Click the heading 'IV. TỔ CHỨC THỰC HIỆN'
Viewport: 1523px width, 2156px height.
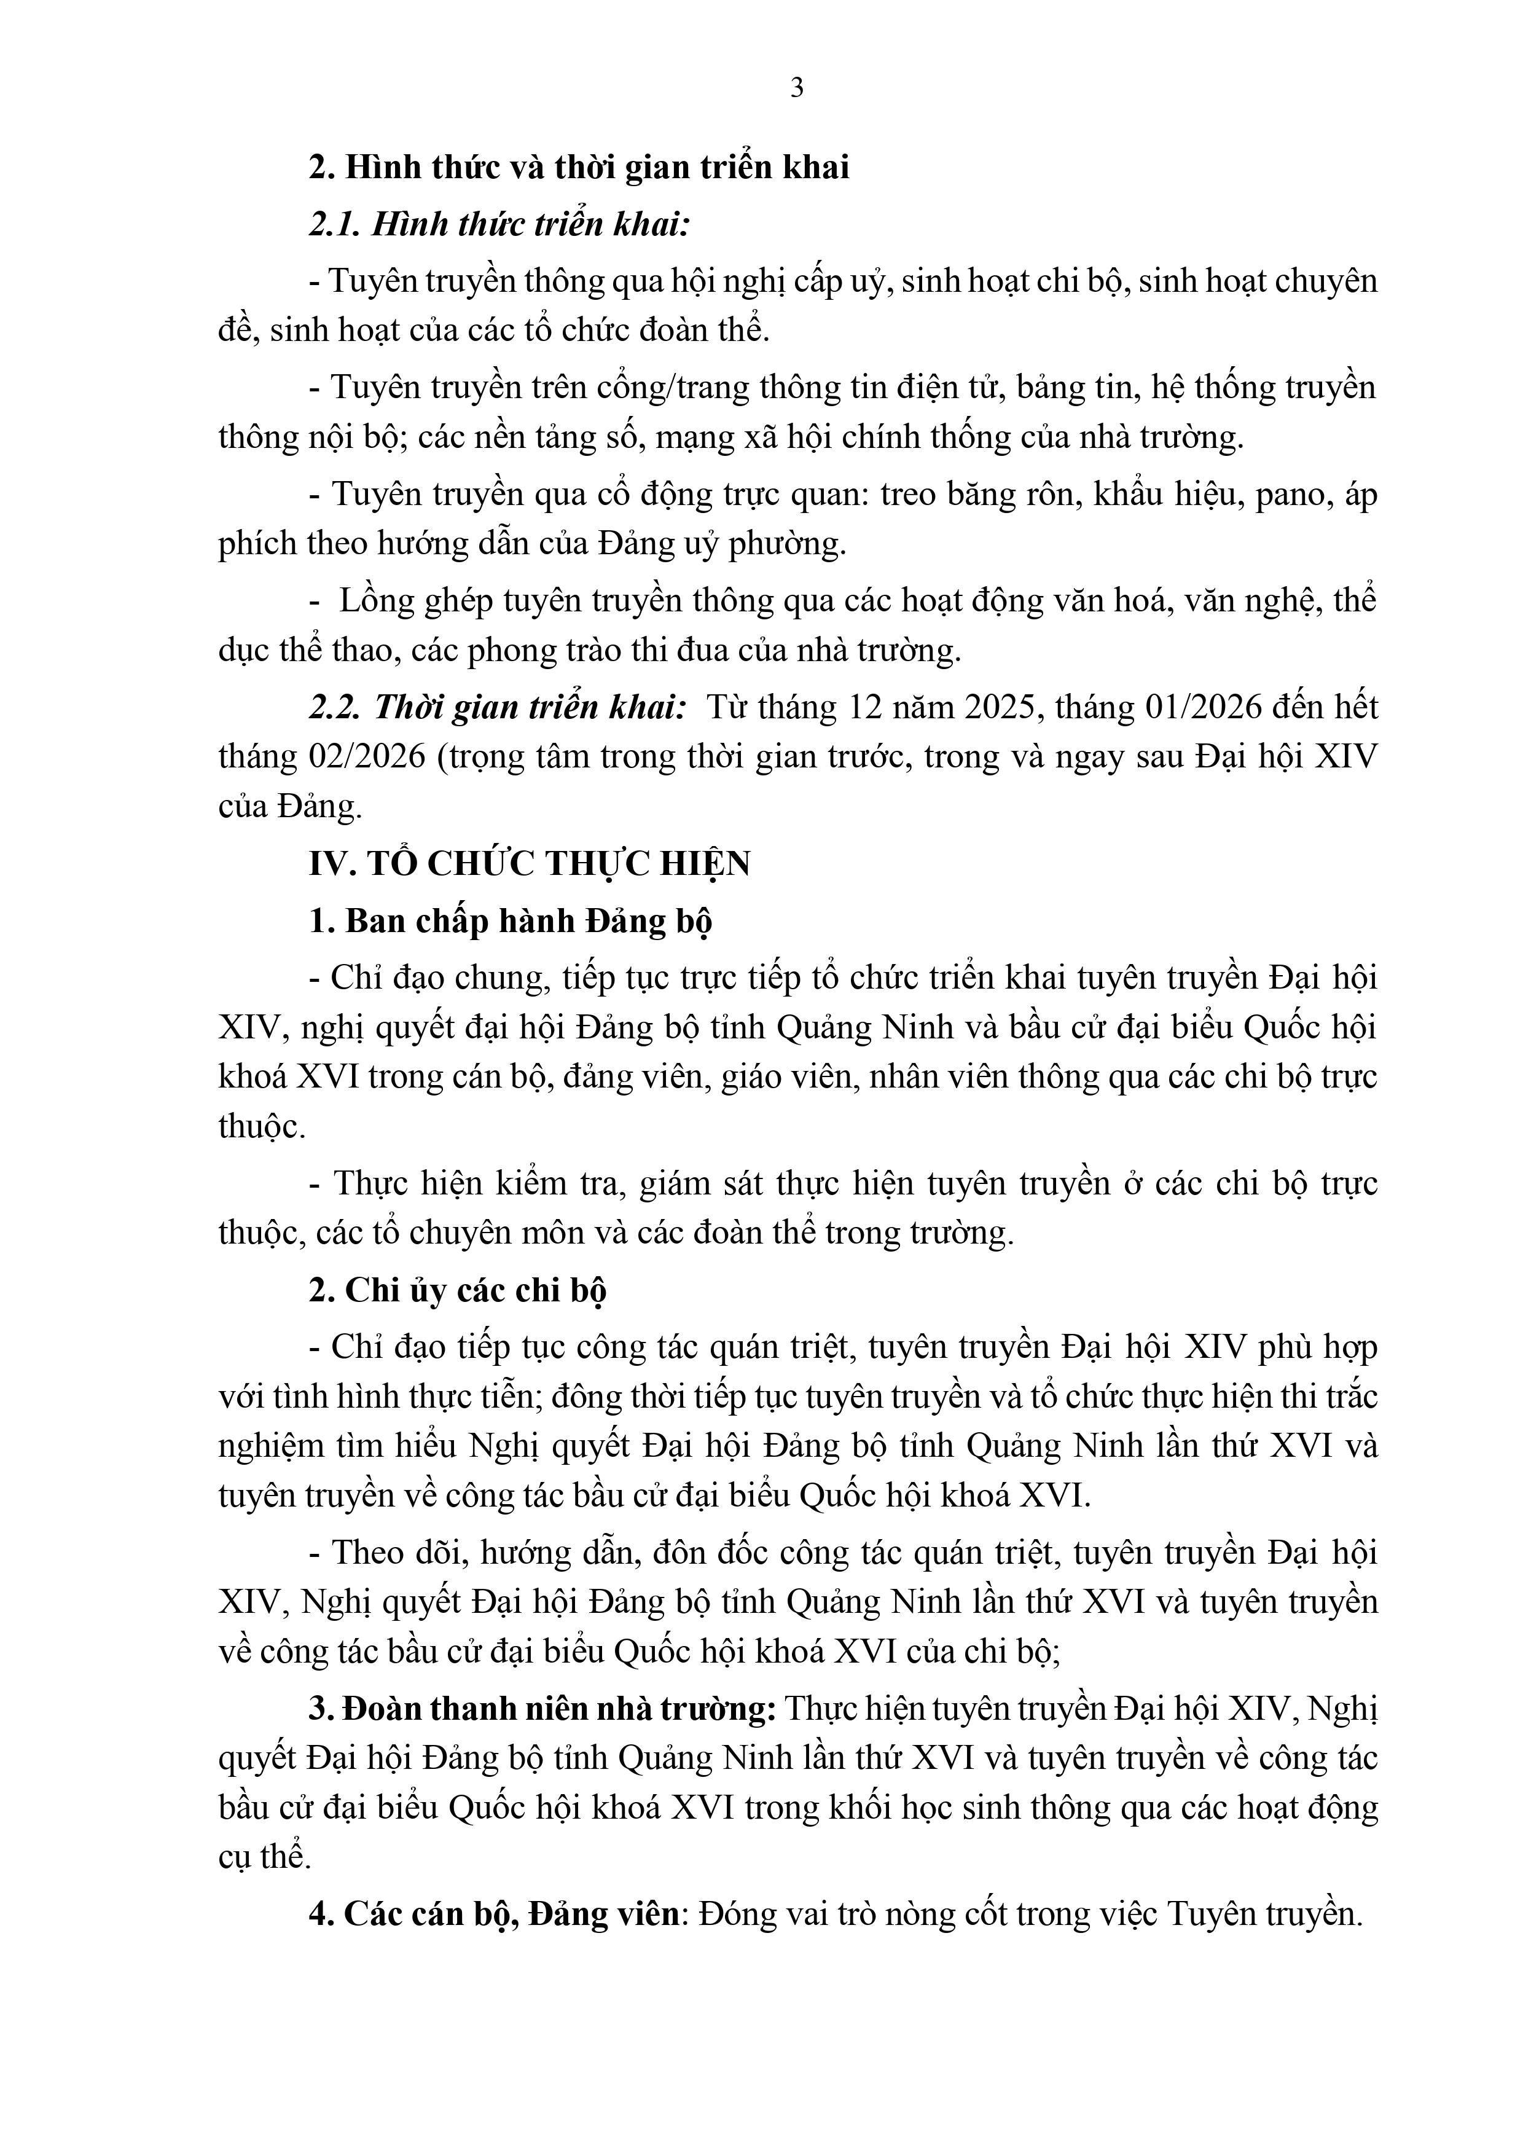[530, 863]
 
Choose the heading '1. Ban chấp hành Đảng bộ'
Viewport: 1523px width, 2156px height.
[510, 921]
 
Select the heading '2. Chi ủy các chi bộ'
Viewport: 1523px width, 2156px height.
[457, 1291]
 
